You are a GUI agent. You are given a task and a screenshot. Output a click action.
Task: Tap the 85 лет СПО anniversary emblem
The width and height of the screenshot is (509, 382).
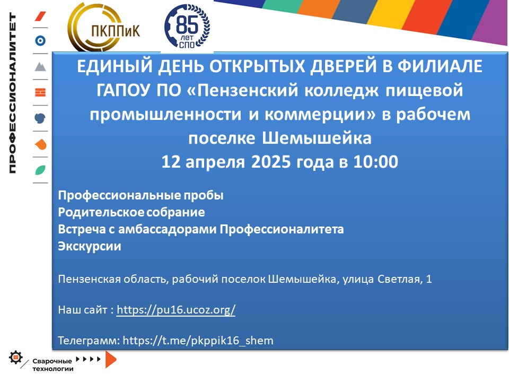[187, 27]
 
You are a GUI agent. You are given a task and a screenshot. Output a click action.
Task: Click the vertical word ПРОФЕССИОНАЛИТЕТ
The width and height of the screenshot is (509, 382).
[12, 93]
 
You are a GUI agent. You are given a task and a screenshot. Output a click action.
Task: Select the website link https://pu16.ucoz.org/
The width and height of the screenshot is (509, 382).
[175, 309]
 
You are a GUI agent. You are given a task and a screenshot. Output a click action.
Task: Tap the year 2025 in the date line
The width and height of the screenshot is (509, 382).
[271, 162]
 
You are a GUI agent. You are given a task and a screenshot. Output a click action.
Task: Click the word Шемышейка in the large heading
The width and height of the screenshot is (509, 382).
[317, 138]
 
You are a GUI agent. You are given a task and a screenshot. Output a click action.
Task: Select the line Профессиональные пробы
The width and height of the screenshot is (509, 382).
[141, 196]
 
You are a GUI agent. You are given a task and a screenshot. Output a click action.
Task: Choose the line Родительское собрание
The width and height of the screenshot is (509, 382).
[131, 212]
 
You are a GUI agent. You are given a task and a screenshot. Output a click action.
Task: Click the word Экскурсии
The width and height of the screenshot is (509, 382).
[89, 246]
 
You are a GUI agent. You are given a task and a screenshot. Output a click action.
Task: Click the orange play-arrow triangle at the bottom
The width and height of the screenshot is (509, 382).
[110, 360]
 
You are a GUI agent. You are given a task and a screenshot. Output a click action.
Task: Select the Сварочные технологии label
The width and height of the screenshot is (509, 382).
[52, 365]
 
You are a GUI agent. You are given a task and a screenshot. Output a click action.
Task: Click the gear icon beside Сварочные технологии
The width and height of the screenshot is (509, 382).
[15, 358]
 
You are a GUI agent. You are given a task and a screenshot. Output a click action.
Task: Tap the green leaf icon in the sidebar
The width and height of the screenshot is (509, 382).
[40, 170]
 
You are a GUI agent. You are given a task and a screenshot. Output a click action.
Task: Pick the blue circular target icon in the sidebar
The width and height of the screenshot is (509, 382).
[40, 41]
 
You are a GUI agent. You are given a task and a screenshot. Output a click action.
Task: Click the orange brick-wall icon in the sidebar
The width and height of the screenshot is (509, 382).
[40, 92]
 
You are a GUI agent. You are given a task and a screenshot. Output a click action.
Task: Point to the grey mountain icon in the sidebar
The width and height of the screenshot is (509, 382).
[40, 66]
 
